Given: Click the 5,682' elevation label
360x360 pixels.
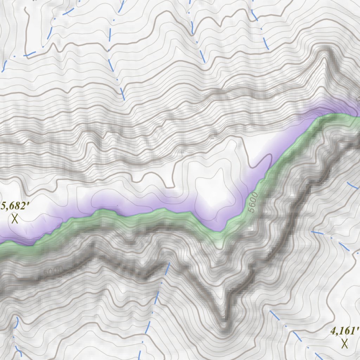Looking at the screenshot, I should point(15,206).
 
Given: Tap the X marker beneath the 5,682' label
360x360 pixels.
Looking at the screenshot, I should point(15,219).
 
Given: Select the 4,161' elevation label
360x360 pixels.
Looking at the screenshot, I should point(345,331).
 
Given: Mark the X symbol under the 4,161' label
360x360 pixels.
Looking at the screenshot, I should point(345,343).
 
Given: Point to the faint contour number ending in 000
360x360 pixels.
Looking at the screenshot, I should point(53,271).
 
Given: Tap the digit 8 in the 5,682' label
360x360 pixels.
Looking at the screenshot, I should point(18,206).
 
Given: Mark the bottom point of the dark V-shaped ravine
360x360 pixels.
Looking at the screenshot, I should point(224,322).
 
